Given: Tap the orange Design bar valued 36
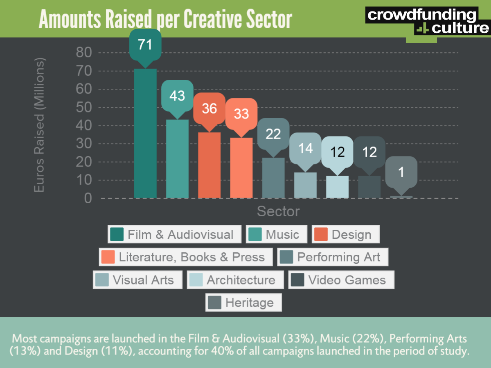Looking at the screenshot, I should tap(209, 165).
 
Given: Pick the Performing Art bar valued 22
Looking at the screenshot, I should tap(273, 178).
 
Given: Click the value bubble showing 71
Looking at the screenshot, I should tap(145, 45).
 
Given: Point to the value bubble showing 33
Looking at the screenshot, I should tap(241, 113).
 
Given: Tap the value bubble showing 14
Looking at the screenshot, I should tap(305, 148).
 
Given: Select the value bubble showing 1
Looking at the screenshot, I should tap(401, 172).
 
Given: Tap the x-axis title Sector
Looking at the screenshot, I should tap(278, 211).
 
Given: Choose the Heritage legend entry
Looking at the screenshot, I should tap(244, 303).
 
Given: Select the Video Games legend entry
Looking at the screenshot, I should tap(341, 280).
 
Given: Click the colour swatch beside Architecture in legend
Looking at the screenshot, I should tap(195, 280).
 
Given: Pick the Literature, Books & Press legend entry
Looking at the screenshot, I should tap(186, 257).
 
